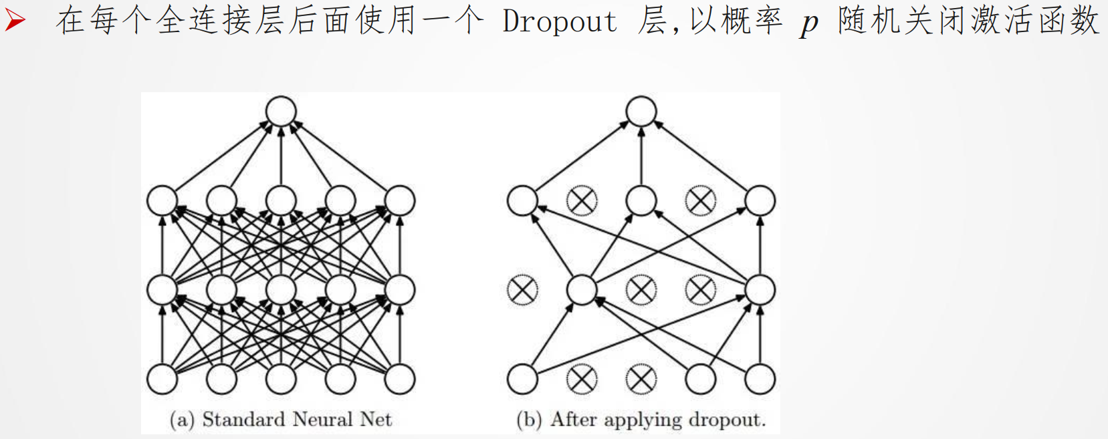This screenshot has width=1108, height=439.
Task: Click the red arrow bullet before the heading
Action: (15, 20)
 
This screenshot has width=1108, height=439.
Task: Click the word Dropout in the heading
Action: (560, 21)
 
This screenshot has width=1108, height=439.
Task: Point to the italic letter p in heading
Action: (809, 24)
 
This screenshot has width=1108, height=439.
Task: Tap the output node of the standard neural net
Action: (281, 111)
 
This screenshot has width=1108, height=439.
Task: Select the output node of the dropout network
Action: (641, 111)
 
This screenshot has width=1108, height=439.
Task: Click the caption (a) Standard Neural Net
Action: (281, 420)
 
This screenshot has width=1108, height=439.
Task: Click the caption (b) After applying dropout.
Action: (641, 420)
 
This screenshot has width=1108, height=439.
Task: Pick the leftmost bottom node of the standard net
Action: (162, 379)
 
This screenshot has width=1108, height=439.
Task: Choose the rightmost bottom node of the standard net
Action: (400, 379)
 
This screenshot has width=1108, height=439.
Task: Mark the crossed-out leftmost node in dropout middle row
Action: (522, 290)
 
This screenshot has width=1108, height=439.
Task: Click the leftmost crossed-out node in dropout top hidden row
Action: (582, 200)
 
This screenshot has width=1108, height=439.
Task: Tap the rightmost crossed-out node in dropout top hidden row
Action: (701, 200)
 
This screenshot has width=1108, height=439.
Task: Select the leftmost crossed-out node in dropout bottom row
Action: (582, 379)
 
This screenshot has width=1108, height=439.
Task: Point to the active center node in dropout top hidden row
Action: (641, 200)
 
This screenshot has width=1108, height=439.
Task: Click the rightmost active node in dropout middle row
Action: (760, 290)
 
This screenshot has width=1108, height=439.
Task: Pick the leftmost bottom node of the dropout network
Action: (522, 379)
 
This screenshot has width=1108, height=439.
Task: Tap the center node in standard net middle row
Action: (281, 290)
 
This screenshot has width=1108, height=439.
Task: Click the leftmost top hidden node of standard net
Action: (162, 200)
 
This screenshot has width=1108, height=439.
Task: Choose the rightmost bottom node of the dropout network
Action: (760, 379)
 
